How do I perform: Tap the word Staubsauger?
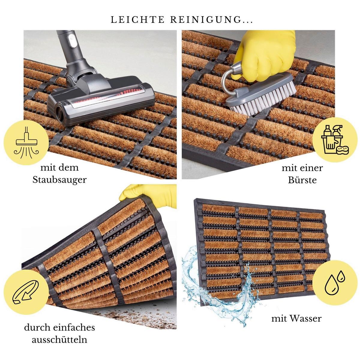(x=60, y=180)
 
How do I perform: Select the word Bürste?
(x=302, y=180)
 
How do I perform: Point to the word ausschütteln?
(x=60, y=339)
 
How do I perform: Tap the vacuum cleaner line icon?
(x=26, y=142)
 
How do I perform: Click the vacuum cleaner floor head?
(x=101, y=100)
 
